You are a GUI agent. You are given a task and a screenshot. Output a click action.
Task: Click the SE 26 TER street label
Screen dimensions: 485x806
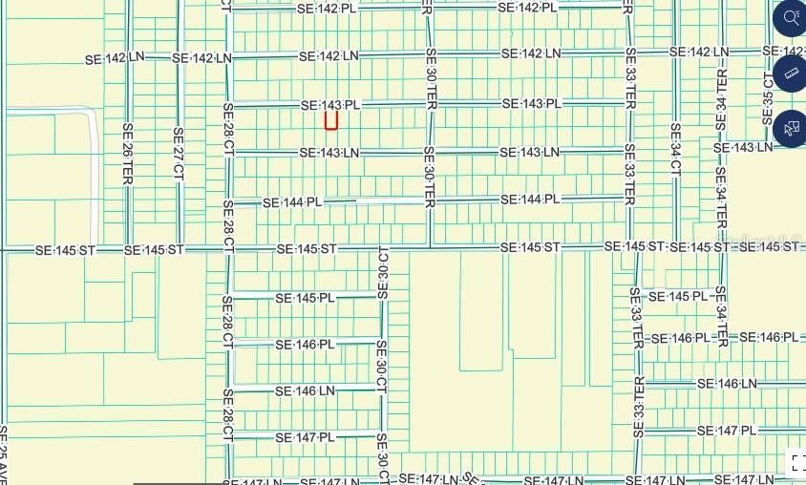click(x=127, y=153)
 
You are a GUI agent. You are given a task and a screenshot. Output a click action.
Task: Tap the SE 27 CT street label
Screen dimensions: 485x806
click(x=178, y=153)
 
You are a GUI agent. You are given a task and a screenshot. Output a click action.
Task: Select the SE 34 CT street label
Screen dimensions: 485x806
click(x=675, y=149)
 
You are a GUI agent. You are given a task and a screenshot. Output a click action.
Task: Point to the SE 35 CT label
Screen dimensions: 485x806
click(x=768, y=95)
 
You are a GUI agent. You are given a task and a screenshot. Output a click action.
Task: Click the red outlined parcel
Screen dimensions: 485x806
click(x=331, y=120)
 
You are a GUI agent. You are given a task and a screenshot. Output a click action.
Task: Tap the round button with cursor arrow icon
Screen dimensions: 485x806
click(x=791, y=128)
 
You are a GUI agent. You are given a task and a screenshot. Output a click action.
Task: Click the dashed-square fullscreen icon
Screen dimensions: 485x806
click(x=796, y=463)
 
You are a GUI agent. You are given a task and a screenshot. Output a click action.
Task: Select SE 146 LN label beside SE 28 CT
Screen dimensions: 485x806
click(x=305, y=391)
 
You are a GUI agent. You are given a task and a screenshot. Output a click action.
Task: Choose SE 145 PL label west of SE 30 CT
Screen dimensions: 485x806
click(x=305, y=298)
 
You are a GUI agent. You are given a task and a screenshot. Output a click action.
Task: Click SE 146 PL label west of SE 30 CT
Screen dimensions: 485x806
click(x=305, y=344)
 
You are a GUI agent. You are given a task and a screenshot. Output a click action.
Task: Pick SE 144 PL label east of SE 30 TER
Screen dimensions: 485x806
click(x=530, y=200)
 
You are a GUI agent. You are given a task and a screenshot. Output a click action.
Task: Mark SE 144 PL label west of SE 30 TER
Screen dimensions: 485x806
click(x=292, y=202)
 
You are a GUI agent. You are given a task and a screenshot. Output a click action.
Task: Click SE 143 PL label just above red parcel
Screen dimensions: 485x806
click(x=329, y=105)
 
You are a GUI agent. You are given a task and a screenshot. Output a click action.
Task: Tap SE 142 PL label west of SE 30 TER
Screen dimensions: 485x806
click(x=329, y=7)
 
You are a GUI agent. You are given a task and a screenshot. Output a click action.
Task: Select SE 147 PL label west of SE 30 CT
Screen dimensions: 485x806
click(x=305, y=437)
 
